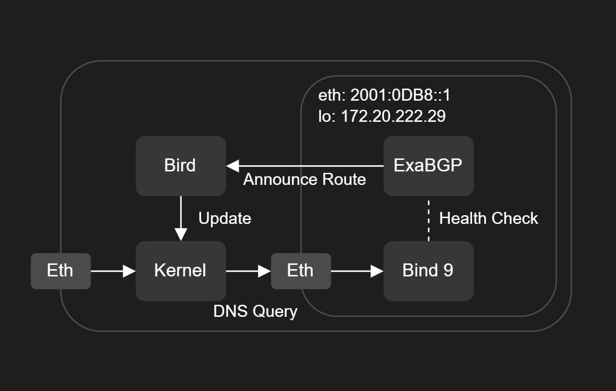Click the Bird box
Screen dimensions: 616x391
180,166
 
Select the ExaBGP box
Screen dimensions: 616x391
428,166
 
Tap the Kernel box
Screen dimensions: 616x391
180,271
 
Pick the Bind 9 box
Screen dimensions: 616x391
428,271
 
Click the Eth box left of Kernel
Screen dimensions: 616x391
61,271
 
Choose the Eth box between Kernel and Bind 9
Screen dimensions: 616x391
301,271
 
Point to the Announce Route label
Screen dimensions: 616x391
305,180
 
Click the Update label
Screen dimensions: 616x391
225,219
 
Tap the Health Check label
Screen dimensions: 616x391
488,219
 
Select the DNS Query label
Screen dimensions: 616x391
255,312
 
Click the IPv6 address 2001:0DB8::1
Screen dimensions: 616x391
400,95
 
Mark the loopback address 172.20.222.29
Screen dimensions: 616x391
393,116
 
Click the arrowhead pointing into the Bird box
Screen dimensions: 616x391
232,166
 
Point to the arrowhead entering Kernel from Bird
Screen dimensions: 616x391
180,235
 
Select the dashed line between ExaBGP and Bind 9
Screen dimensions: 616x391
428,221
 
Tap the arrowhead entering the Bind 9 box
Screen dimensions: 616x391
377,271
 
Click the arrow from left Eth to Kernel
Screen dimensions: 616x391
113,271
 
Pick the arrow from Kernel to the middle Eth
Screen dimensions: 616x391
249,271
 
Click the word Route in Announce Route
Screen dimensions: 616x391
344,180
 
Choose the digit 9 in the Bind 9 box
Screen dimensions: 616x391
448,270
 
